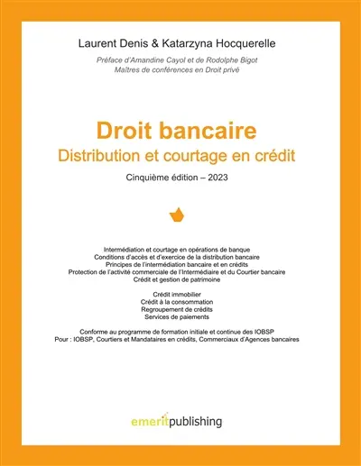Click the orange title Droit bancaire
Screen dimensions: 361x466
(180, 132)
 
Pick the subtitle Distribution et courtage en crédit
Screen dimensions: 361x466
(180, 156)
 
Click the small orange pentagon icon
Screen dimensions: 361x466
(180, 215)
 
